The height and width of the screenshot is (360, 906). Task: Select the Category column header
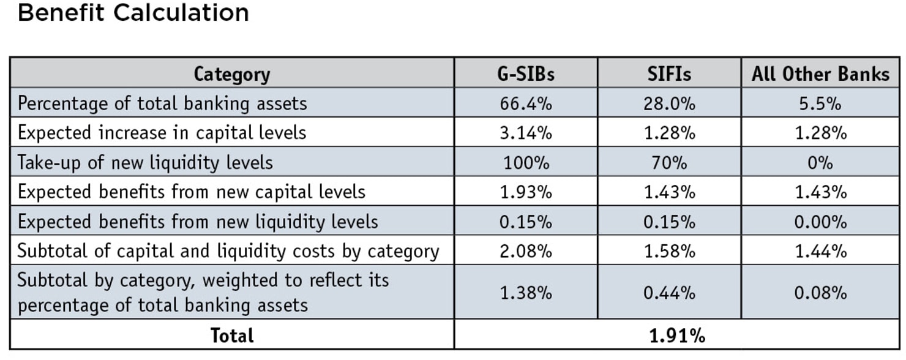tap(231, 74)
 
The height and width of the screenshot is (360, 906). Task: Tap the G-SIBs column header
tap(525, 74)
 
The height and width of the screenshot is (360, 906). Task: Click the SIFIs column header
tap(669, 74)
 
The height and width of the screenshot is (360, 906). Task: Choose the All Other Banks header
tap(820, 74)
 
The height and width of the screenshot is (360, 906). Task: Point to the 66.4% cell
tap(525, 103)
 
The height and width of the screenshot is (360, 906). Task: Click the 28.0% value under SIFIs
tap(669, 103)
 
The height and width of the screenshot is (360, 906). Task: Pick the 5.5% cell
tap(820, 103)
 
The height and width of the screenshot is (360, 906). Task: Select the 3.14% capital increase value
tap(525, 133)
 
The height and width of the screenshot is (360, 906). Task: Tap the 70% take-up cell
tap(669, 162)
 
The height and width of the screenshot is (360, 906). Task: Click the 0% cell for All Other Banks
tap(820, 162)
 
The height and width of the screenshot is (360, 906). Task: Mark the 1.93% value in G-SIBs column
tap(525, 192)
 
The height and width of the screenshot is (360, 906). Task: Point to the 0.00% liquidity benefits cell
tap(820, 221)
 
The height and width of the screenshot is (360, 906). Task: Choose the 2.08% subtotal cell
tap(525, 250)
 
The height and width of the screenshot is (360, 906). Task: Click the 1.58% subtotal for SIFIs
tap(669, 250)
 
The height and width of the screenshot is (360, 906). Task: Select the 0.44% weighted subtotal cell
tap(669, 293)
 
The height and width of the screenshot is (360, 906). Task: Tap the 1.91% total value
tap(677, 336)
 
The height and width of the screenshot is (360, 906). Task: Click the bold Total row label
tap(231, 336)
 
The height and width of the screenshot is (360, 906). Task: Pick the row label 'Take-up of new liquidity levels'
tap(145, 162)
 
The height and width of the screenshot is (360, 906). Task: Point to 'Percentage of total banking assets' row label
tap(162, 103)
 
